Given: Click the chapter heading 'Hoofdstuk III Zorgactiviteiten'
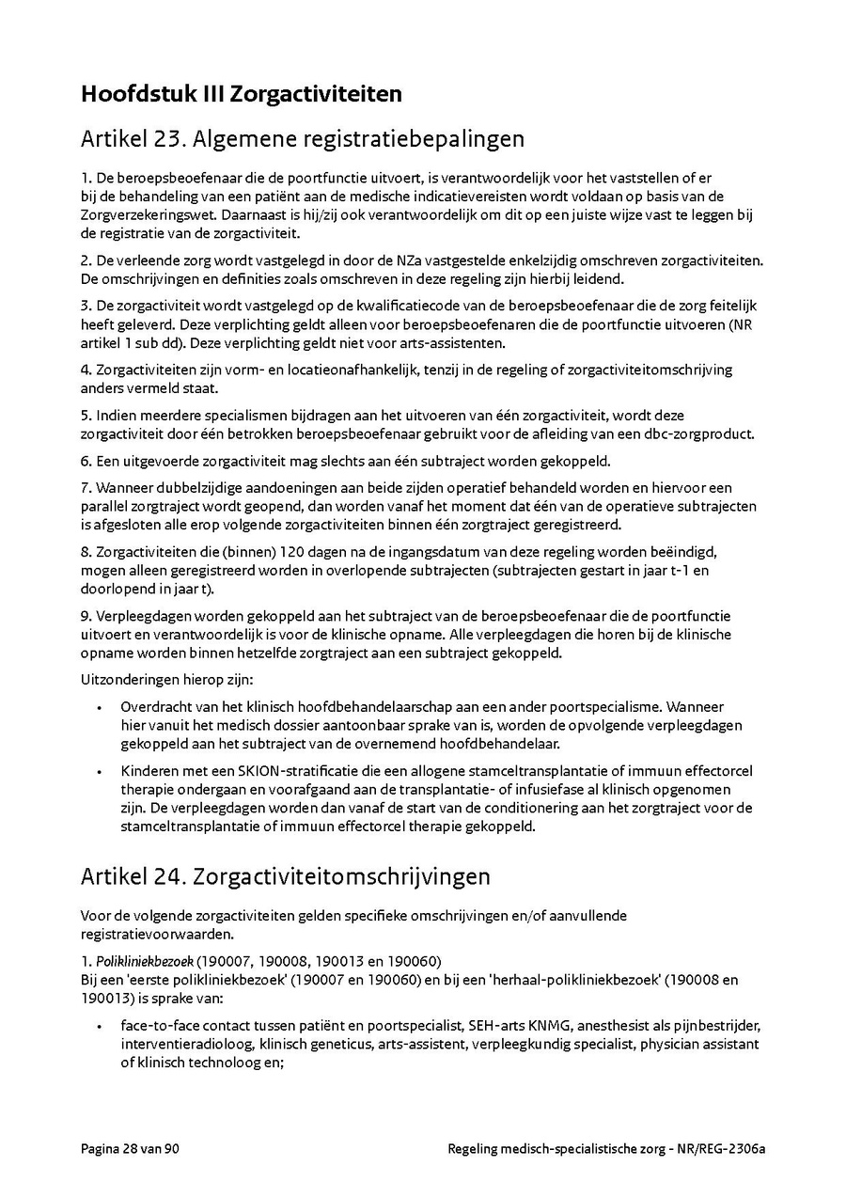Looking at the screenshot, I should [242, 95].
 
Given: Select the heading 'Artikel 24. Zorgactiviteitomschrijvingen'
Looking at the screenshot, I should [286, 876].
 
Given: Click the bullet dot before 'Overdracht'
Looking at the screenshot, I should [100, 707].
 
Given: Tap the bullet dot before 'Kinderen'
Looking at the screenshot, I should [100, 771].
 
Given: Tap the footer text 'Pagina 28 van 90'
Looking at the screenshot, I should [130, 1149].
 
